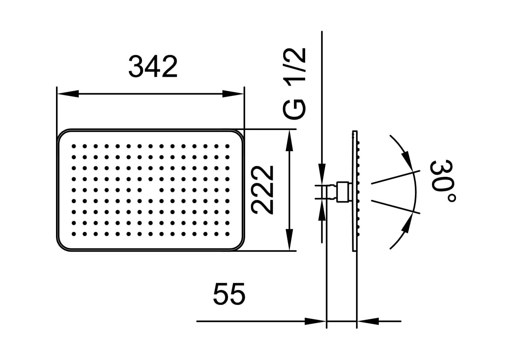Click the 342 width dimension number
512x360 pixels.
[153, 67]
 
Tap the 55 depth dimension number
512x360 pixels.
[229, 294]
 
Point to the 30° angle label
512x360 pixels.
[443, 181]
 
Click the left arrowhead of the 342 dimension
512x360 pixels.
[68, 94]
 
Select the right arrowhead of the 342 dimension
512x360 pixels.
[233, 94]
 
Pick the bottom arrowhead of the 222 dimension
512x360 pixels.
[290, 240]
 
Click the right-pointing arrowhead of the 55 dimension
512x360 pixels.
[316, 321]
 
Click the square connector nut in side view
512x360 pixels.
[343, 192]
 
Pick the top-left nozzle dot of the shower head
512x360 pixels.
[74, 146]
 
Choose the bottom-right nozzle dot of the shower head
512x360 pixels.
[227, 234]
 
